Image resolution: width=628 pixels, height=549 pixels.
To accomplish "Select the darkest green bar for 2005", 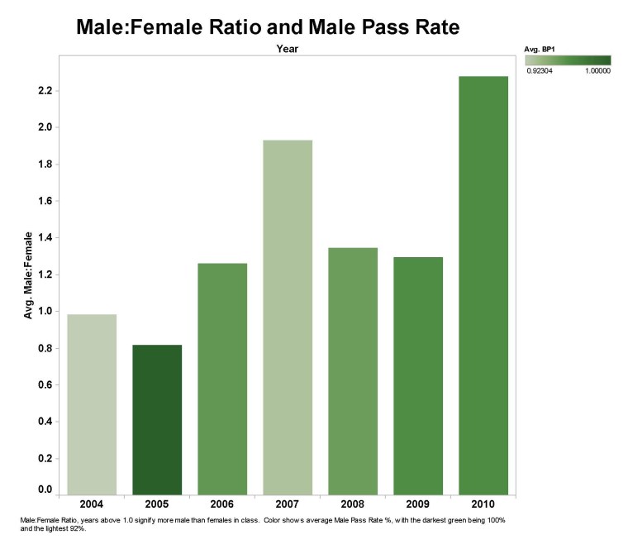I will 157,418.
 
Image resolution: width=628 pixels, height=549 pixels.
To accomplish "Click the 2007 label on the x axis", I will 288,504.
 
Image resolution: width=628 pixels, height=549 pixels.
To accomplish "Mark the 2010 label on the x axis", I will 483,504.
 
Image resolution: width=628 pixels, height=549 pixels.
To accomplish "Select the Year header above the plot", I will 288,49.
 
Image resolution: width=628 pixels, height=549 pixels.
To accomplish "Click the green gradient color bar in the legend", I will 568,60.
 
